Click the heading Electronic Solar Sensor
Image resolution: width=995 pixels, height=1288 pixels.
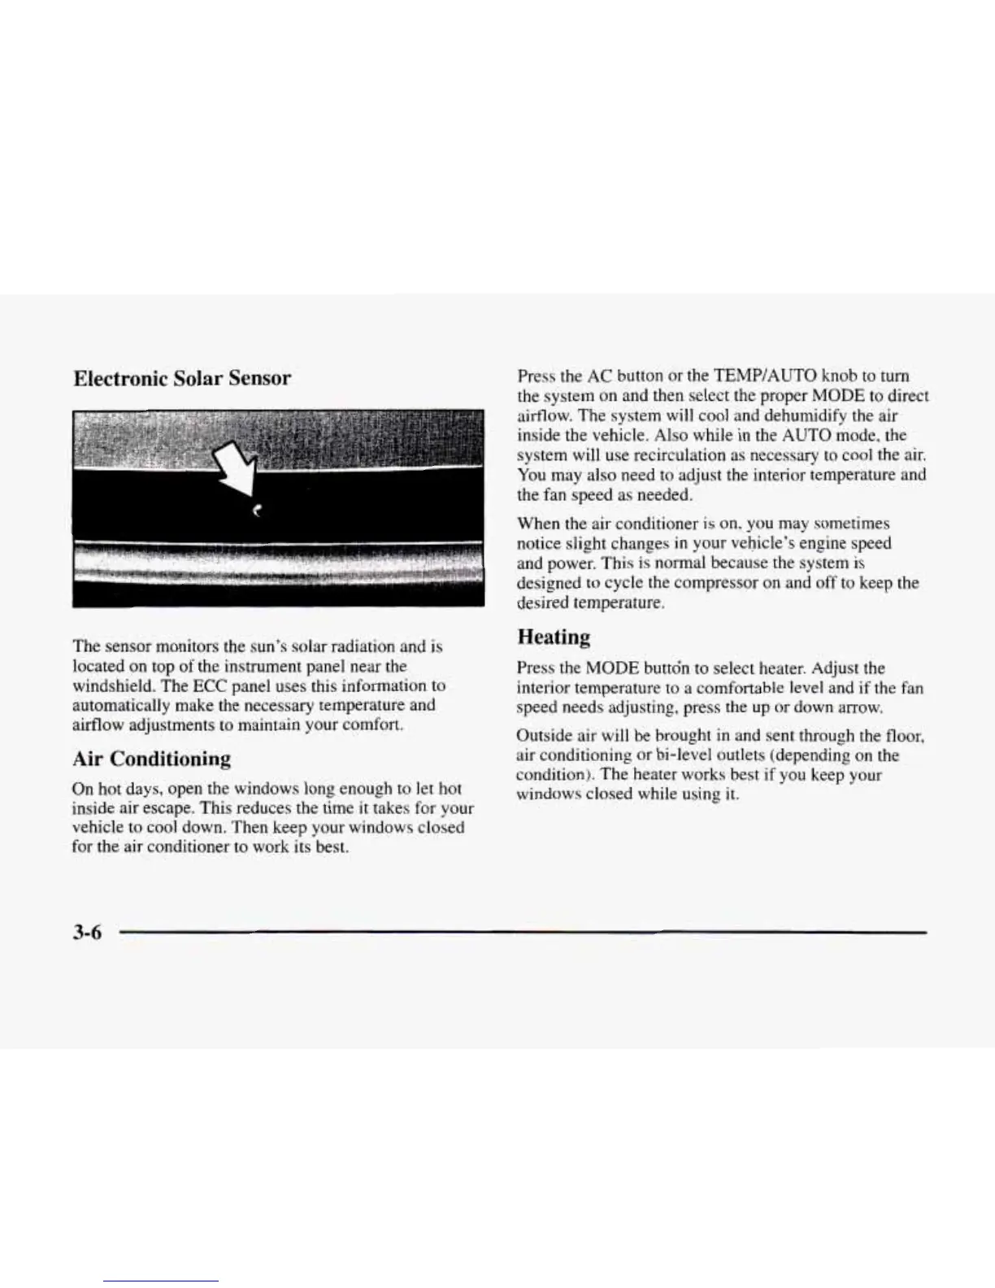181,378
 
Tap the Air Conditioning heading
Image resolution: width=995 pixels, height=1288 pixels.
151,759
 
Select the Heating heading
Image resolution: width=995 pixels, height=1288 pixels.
553,637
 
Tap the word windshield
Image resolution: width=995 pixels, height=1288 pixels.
107,685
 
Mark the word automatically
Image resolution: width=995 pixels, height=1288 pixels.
117,705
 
